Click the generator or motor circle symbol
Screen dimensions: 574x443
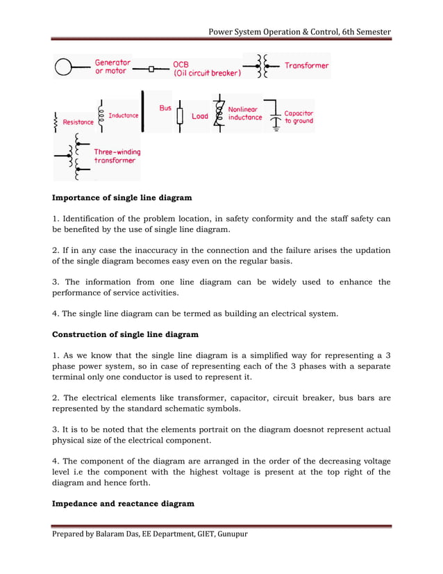point(63,67)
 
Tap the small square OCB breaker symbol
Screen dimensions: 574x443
point(151,69)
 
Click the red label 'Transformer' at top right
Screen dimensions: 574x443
point(306,66)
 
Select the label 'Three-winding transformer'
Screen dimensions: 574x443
point(117,156)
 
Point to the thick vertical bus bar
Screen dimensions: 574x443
point(142,110)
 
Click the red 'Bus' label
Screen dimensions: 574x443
point(165,108)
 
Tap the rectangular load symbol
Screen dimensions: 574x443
point(180,115)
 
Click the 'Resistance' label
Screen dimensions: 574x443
point(78,122)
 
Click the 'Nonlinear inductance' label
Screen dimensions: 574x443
point(245,113)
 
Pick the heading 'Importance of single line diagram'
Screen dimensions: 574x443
point(122,198)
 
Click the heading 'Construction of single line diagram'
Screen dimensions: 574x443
point(126,336)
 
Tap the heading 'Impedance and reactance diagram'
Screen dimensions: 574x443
point(123,503)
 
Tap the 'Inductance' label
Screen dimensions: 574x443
point(124,115)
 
